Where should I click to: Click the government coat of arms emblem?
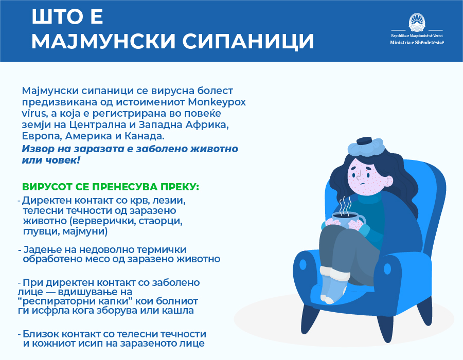click(x=417, y=23)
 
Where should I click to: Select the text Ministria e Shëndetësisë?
click(x=417, y=43)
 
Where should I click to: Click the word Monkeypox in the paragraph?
click(x=217, y=102)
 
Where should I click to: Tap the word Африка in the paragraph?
click(x=207, y=125)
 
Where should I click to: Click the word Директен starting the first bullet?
click(x=47, y=201)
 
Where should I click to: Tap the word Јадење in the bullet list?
click(x=43, y=249)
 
